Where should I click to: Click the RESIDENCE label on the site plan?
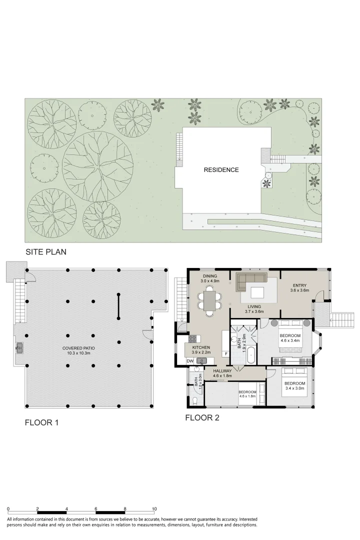[221, 170]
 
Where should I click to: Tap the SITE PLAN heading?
[46, 251]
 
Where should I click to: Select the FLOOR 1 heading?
[41, 422]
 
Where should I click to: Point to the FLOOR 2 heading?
[202, 417]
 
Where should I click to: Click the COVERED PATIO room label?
[78, 348]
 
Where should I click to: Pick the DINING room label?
[210, 276]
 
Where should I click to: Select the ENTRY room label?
[299, 285]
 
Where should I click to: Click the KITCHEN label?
[201, 347]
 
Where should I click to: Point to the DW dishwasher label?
[190, 361]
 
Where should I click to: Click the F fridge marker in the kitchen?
[226, 353]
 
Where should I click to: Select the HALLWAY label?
[222, 371]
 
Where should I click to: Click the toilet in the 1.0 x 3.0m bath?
[195, 400]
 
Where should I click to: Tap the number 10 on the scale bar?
[154, 508]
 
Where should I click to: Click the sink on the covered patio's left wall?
[19, 348]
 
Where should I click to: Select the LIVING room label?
[254, 306]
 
